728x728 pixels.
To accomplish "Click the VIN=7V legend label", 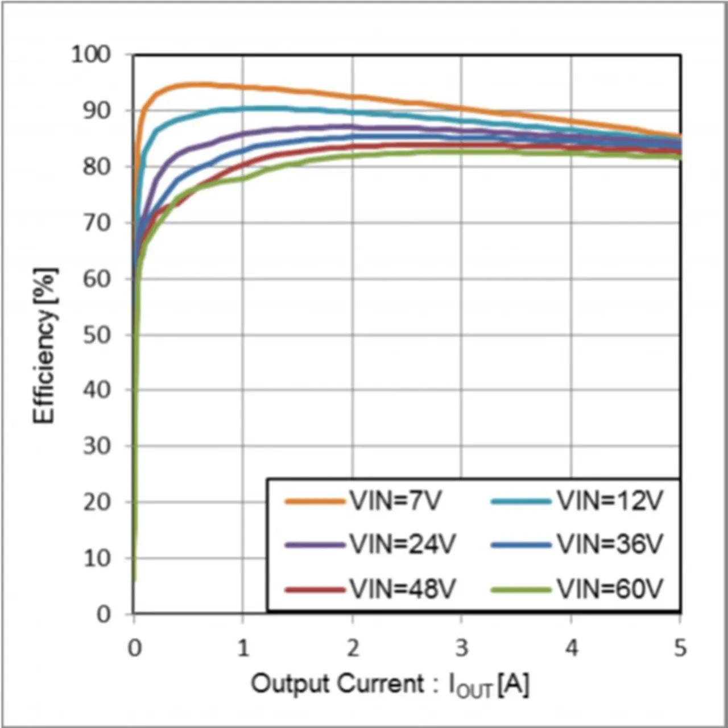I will (x=395, y=501).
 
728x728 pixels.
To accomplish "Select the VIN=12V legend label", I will (x=610, y=501).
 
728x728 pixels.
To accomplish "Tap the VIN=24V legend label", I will (x=402, y=545).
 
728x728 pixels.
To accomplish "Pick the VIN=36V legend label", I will (x=610, y=545).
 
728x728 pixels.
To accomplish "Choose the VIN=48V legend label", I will (x=402, y=589).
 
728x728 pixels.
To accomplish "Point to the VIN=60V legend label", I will (x=610, y=589).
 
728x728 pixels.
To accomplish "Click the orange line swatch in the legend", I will (x=315, y=502).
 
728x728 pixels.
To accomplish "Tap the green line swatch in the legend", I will (x=521, y=590).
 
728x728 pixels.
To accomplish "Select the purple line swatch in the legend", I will (x=315, y=545).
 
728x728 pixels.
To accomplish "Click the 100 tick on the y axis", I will (x=90, y=55).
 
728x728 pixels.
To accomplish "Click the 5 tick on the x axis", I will (x=680, y=648).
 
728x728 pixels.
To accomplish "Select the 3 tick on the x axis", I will (x=462, y=648).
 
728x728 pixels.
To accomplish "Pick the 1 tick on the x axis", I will (x=243, y=648).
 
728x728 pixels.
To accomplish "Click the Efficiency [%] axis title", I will (x=44, y=345).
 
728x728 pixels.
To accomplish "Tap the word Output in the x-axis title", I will (x=291, y=683).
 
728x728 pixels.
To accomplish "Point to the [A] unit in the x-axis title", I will (x=513, y=684).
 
